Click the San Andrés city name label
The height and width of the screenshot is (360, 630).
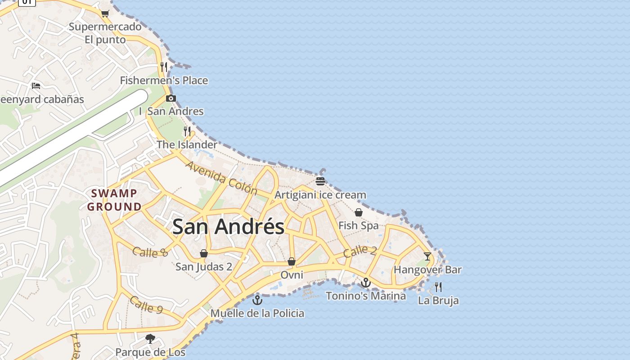(228, 226)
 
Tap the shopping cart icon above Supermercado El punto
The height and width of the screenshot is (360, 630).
(105, 13)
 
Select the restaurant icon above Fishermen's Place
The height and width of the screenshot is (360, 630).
(164, 67)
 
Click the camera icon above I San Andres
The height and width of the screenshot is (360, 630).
(171, 98)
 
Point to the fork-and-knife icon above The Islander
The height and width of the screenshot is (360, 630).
(187, 131)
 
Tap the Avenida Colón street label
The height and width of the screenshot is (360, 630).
(221, 178)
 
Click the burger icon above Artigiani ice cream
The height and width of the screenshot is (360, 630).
(320, 181)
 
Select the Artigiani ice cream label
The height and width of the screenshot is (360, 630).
(320, 195)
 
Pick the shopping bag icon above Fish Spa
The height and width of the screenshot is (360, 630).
(359, 212)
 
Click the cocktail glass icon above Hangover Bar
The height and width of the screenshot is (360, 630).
(427, 256)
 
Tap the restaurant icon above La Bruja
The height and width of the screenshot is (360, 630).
(438, 287)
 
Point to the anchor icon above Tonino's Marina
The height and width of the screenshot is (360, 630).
(366, 283)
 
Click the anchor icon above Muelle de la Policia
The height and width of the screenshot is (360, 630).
(257, 300)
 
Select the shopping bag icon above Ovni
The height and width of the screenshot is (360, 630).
(292, 261)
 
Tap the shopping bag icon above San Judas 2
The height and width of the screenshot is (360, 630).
(204, 253)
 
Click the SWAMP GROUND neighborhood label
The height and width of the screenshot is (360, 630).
(114, 200)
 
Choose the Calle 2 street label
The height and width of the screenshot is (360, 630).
(360, 251)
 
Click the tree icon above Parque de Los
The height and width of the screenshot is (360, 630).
(150, 338)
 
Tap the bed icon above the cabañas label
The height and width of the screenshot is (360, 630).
(36, 85)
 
